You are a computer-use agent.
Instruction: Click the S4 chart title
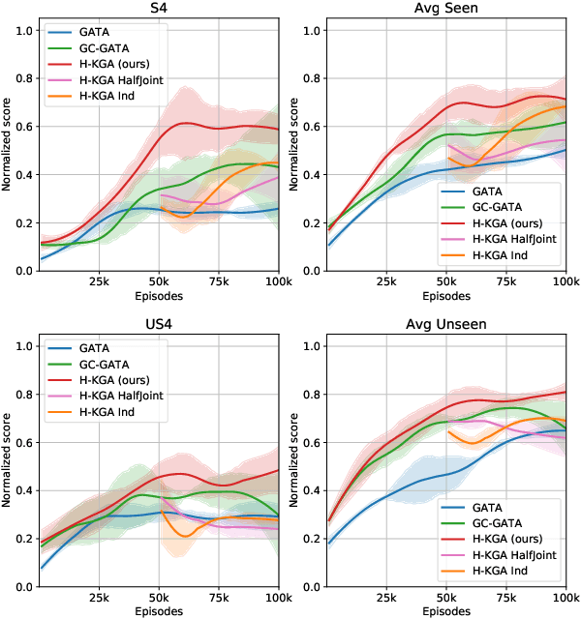[159, 9]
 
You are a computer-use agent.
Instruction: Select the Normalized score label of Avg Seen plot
[294, 151]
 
